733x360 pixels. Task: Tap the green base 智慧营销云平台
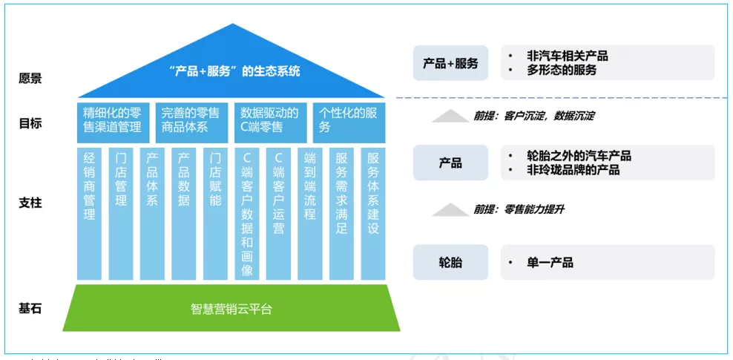pos(231,308)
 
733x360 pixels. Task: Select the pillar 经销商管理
pos(90,214)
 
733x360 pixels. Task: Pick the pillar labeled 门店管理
pos(121,214)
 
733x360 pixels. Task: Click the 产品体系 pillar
pos(152,214)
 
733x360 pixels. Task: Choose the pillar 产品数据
pos(184,214)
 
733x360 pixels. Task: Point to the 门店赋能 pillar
pos(215,214)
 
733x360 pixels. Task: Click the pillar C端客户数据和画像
pos(247,214)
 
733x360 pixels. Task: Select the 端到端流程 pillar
pos(310,214)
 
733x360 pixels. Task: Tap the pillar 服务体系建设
pos(373,214)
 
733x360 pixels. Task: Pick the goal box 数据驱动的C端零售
pos(270,121)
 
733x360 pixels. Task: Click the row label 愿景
pos(30,78)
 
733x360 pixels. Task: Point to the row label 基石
pos(30,307)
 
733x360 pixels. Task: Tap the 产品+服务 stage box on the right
pos(450,63)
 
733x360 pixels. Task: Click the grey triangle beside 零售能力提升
pos(450,210)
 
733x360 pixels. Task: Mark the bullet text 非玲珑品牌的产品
pos(573,170)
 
